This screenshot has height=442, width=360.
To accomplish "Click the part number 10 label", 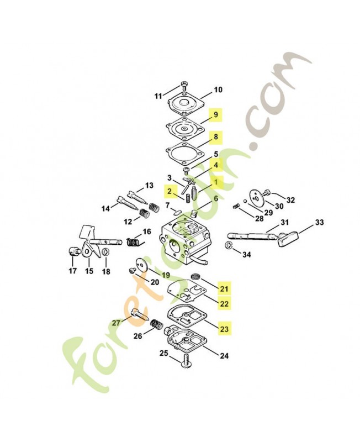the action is [x=218, y=90].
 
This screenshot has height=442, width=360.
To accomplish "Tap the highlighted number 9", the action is [x=215, y=115].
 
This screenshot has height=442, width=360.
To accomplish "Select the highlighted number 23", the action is [x=224, y=328].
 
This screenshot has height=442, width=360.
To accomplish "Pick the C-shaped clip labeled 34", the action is [x=229, y=245].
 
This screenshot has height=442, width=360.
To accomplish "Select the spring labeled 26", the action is [x=157, y=325].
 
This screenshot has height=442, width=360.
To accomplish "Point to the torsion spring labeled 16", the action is [x=134, y=241].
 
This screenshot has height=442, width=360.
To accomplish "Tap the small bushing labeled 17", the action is [x=73, y=251].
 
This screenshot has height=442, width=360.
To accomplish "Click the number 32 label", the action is [x=290, y=200].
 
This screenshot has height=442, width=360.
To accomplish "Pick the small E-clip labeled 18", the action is [x=105, y=252].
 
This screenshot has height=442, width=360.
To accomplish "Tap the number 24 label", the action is [x=224, y=356].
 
